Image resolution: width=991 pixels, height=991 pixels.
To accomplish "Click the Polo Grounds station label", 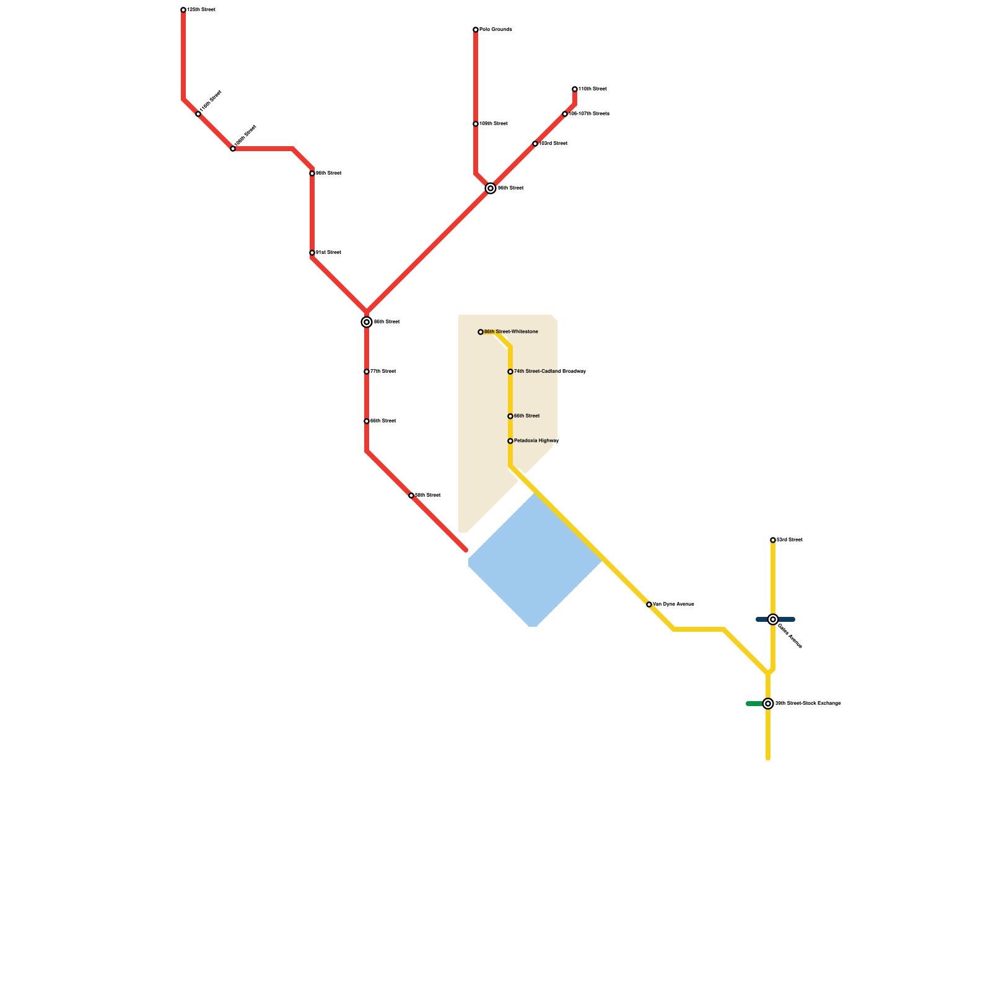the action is click(x=495, y=30).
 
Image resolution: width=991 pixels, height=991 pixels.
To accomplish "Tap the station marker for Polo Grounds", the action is click(x=476, y=30).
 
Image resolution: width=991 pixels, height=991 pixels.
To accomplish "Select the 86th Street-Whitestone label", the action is click(x=511, y=332).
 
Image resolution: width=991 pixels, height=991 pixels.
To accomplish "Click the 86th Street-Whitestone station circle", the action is click(x=481, y=332).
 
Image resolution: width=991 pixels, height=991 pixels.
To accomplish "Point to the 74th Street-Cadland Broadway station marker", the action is click(x=510, y=372).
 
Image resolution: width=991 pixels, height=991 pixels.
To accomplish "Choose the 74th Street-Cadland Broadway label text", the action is click(x=550, y=372).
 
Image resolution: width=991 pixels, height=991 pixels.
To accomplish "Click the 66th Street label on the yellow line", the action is click(x=526, y=416).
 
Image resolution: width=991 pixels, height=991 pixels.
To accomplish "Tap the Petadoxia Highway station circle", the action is click(x=510, y=441).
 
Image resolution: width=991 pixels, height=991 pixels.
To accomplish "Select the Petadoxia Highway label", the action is click(x=536, y=441).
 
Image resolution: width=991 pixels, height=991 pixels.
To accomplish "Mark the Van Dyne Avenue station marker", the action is click(x=649, y=605).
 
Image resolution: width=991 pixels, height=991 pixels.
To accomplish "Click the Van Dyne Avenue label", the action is click(x=673, y=605).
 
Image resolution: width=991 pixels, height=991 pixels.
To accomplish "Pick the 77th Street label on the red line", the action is click(x=383, y=372).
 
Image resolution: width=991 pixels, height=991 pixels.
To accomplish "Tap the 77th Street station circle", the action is click(x=367, y=372).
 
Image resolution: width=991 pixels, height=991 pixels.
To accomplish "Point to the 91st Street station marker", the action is click(x=312, y=253).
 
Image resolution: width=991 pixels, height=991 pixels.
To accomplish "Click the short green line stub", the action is click(x=754, y=704).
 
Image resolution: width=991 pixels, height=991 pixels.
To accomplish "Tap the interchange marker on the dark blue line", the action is click(x=773, y=619).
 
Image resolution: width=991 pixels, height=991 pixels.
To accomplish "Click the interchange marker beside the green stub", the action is click(x=768, y=704).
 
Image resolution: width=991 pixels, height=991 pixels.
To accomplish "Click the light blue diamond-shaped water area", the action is click(x=534, y=561).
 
